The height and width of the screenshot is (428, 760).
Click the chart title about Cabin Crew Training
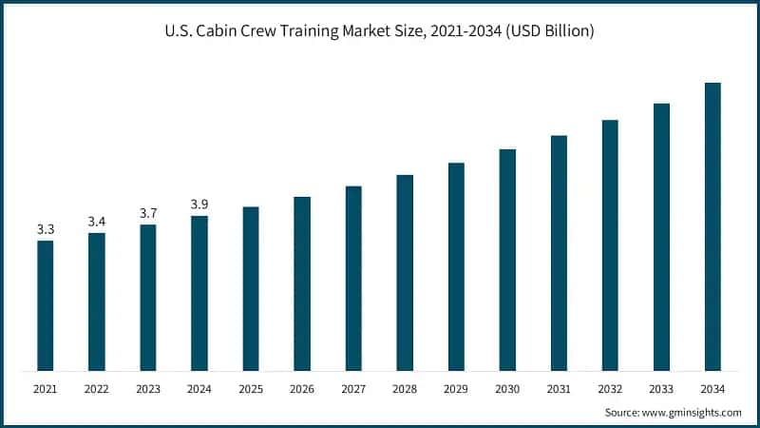pyautogui.click(x=380, y=31)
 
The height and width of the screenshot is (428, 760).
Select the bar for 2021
pyautogui.click(x=46, y=304)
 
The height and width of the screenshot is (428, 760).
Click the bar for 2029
pyautogui.click(x=456, y=266)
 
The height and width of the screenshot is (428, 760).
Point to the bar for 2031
pyautogui.click(x=559, y=252)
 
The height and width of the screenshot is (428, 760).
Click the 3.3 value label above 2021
pyautogui.click(x=46, y=229)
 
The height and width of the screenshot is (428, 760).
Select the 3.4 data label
pyautogui.click(x=97, y=222)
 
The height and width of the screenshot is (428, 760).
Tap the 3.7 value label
pyautogui.click(x=148, y=213)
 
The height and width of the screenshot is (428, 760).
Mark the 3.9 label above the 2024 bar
pyautogui.click(x=199, y=204)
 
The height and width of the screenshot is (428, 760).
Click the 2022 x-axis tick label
pyautogui.click(x=97, y=390)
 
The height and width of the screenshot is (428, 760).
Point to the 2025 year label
pyautogui.click(x=251, y=390)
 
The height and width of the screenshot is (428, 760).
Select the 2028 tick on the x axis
pyautogui.click(x=405, y=390)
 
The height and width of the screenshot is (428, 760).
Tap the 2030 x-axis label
pyautogui.click(x=507, y=390)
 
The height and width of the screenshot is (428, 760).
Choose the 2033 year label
pyautogui.click(x=661, y=390)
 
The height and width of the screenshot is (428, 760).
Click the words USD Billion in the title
pyautogui.click(x=553, y=31)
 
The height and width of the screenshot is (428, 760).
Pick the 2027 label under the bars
pyautogui.click(x=353, y=390)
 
